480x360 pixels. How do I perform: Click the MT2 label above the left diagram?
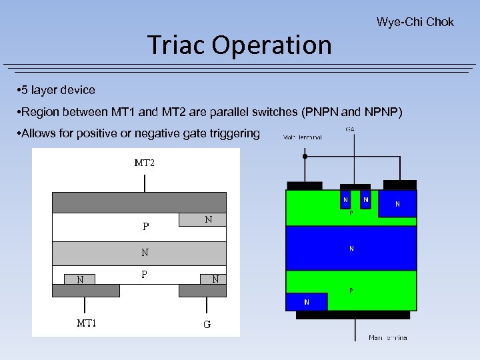(144, 163)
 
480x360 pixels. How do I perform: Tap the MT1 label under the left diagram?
(87, 323)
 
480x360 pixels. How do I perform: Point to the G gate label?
(207, 325)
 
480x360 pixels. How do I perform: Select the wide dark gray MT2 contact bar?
(139, 203)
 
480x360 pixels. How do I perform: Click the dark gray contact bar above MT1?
(91, 290)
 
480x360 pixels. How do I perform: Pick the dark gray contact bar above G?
(206, 290)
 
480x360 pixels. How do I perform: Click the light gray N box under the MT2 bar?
(203, 219)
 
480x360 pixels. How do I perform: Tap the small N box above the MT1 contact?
(80, 279)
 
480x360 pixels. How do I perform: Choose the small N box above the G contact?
(213, 279)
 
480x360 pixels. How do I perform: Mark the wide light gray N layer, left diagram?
(139, 253)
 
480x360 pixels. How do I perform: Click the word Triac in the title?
(175, 45)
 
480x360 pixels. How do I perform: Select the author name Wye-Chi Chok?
(415, 22)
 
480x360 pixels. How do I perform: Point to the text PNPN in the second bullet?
(324, 111)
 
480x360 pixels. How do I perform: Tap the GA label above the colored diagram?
(349, 129)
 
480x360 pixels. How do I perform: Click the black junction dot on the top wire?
(305, 157)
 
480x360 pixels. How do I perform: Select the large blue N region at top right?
(397, 203)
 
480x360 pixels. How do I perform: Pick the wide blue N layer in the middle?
(351, 249)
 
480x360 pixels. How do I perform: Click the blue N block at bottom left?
(307, 302)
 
